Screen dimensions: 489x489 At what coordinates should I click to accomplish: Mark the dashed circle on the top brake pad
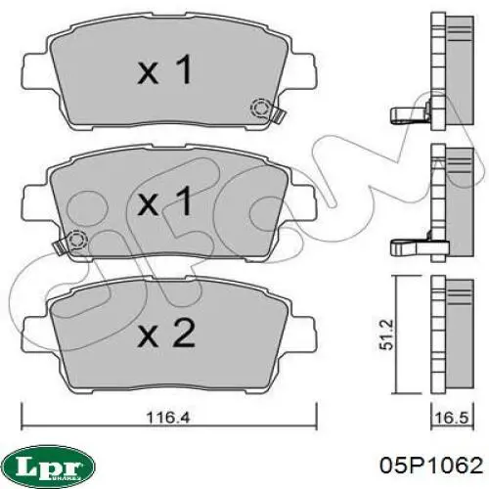(261, 110)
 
